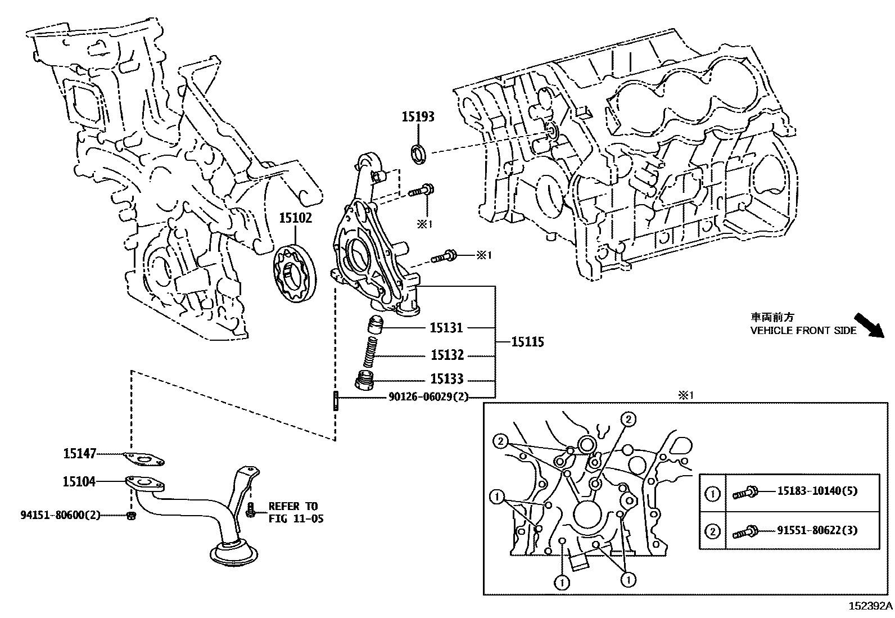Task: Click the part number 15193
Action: point(418,117)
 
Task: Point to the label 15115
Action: point(527,341)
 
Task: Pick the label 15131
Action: point(446,327)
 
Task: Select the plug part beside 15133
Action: point(365,380)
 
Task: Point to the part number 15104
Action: point(79,481)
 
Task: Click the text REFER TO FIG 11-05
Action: point(296,512)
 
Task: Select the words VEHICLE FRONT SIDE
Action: point(803,331)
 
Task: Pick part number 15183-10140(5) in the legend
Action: point(817,491)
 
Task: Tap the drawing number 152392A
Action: point(870,606)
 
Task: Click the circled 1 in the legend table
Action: point(712,494)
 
